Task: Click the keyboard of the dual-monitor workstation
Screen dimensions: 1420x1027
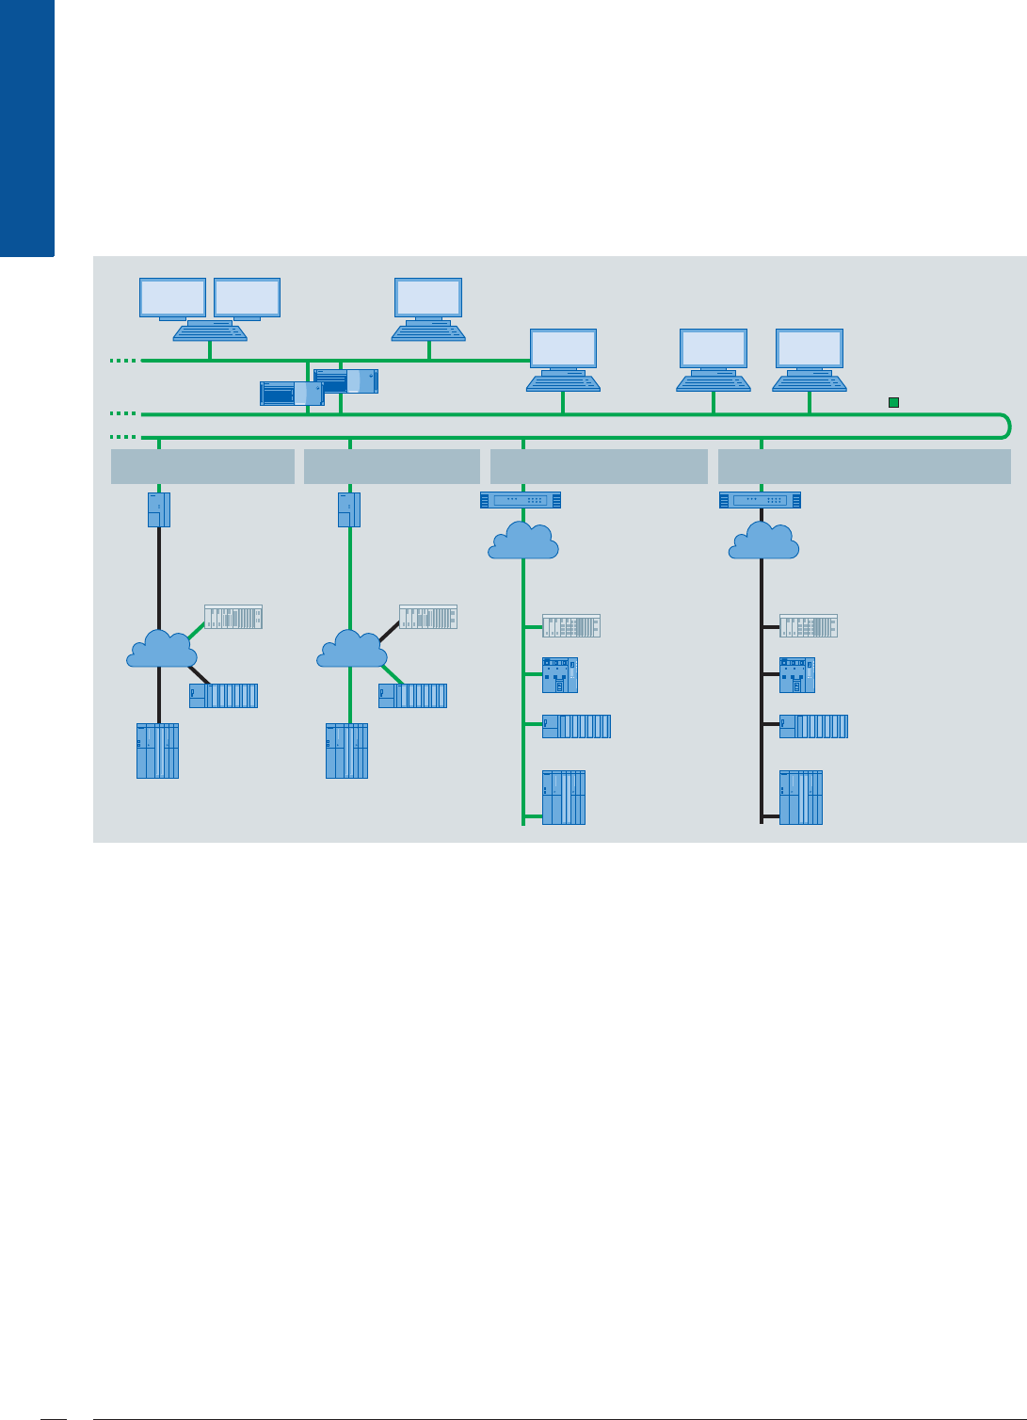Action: click(210, 332)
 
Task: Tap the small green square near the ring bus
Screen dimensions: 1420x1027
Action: click(894, 403)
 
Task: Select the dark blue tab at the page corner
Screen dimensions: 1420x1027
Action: click(26, 127)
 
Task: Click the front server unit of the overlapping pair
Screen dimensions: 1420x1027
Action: click(291, 393)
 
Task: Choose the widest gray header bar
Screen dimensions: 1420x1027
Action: click(864, 466)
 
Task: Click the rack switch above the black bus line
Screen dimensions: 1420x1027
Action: click(760, 500)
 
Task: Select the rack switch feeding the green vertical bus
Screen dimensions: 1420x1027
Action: click(521, 500)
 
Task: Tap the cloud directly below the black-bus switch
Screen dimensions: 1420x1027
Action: click(763, 541)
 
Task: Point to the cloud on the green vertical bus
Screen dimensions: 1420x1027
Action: click(523, 541)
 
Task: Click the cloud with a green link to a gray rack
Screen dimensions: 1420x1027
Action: click(162, 649)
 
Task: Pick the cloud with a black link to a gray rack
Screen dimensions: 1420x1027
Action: click(352, 649)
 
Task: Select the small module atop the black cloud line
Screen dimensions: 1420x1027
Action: click(158, 509)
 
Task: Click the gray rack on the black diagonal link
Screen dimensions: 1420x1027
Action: click(428, 617)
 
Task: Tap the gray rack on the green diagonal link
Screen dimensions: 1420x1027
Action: click(233, 617)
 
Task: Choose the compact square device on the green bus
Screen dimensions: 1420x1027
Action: click(560, 675)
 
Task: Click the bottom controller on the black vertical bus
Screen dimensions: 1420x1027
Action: click(801, 798)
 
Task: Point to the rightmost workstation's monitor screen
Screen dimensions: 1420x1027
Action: click(809, 348)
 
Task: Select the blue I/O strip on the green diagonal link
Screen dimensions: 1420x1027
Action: click(413, 696)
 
